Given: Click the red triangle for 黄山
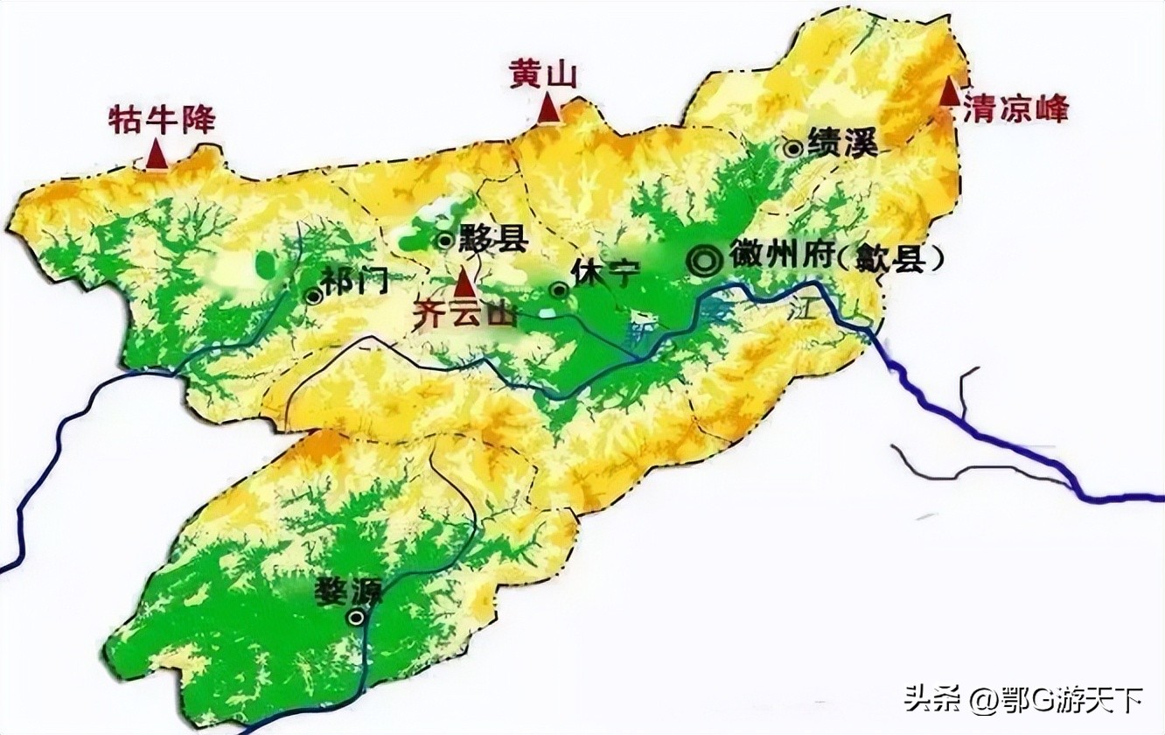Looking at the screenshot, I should (549, 108).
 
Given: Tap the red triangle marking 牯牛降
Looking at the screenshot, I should (157, 155).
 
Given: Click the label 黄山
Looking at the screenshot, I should (544, 75).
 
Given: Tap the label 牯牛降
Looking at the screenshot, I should (162, 120).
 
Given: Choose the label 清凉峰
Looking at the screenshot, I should (1015, 110).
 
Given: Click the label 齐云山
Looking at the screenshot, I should (464, 314).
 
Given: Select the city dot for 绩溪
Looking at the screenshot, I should (793, 148).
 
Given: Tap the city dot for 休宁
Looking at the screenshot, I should (557, 290).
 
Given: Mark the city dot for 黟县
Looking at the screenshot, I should (445, 239).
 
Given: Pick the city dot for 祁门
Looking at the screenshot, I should (312, 296).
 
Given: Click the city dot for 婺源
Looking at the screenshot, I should (356, 618).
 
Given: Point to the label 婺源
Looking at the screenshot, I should (350, 592).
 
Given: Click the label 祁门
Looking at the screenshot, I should (354, 280).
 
